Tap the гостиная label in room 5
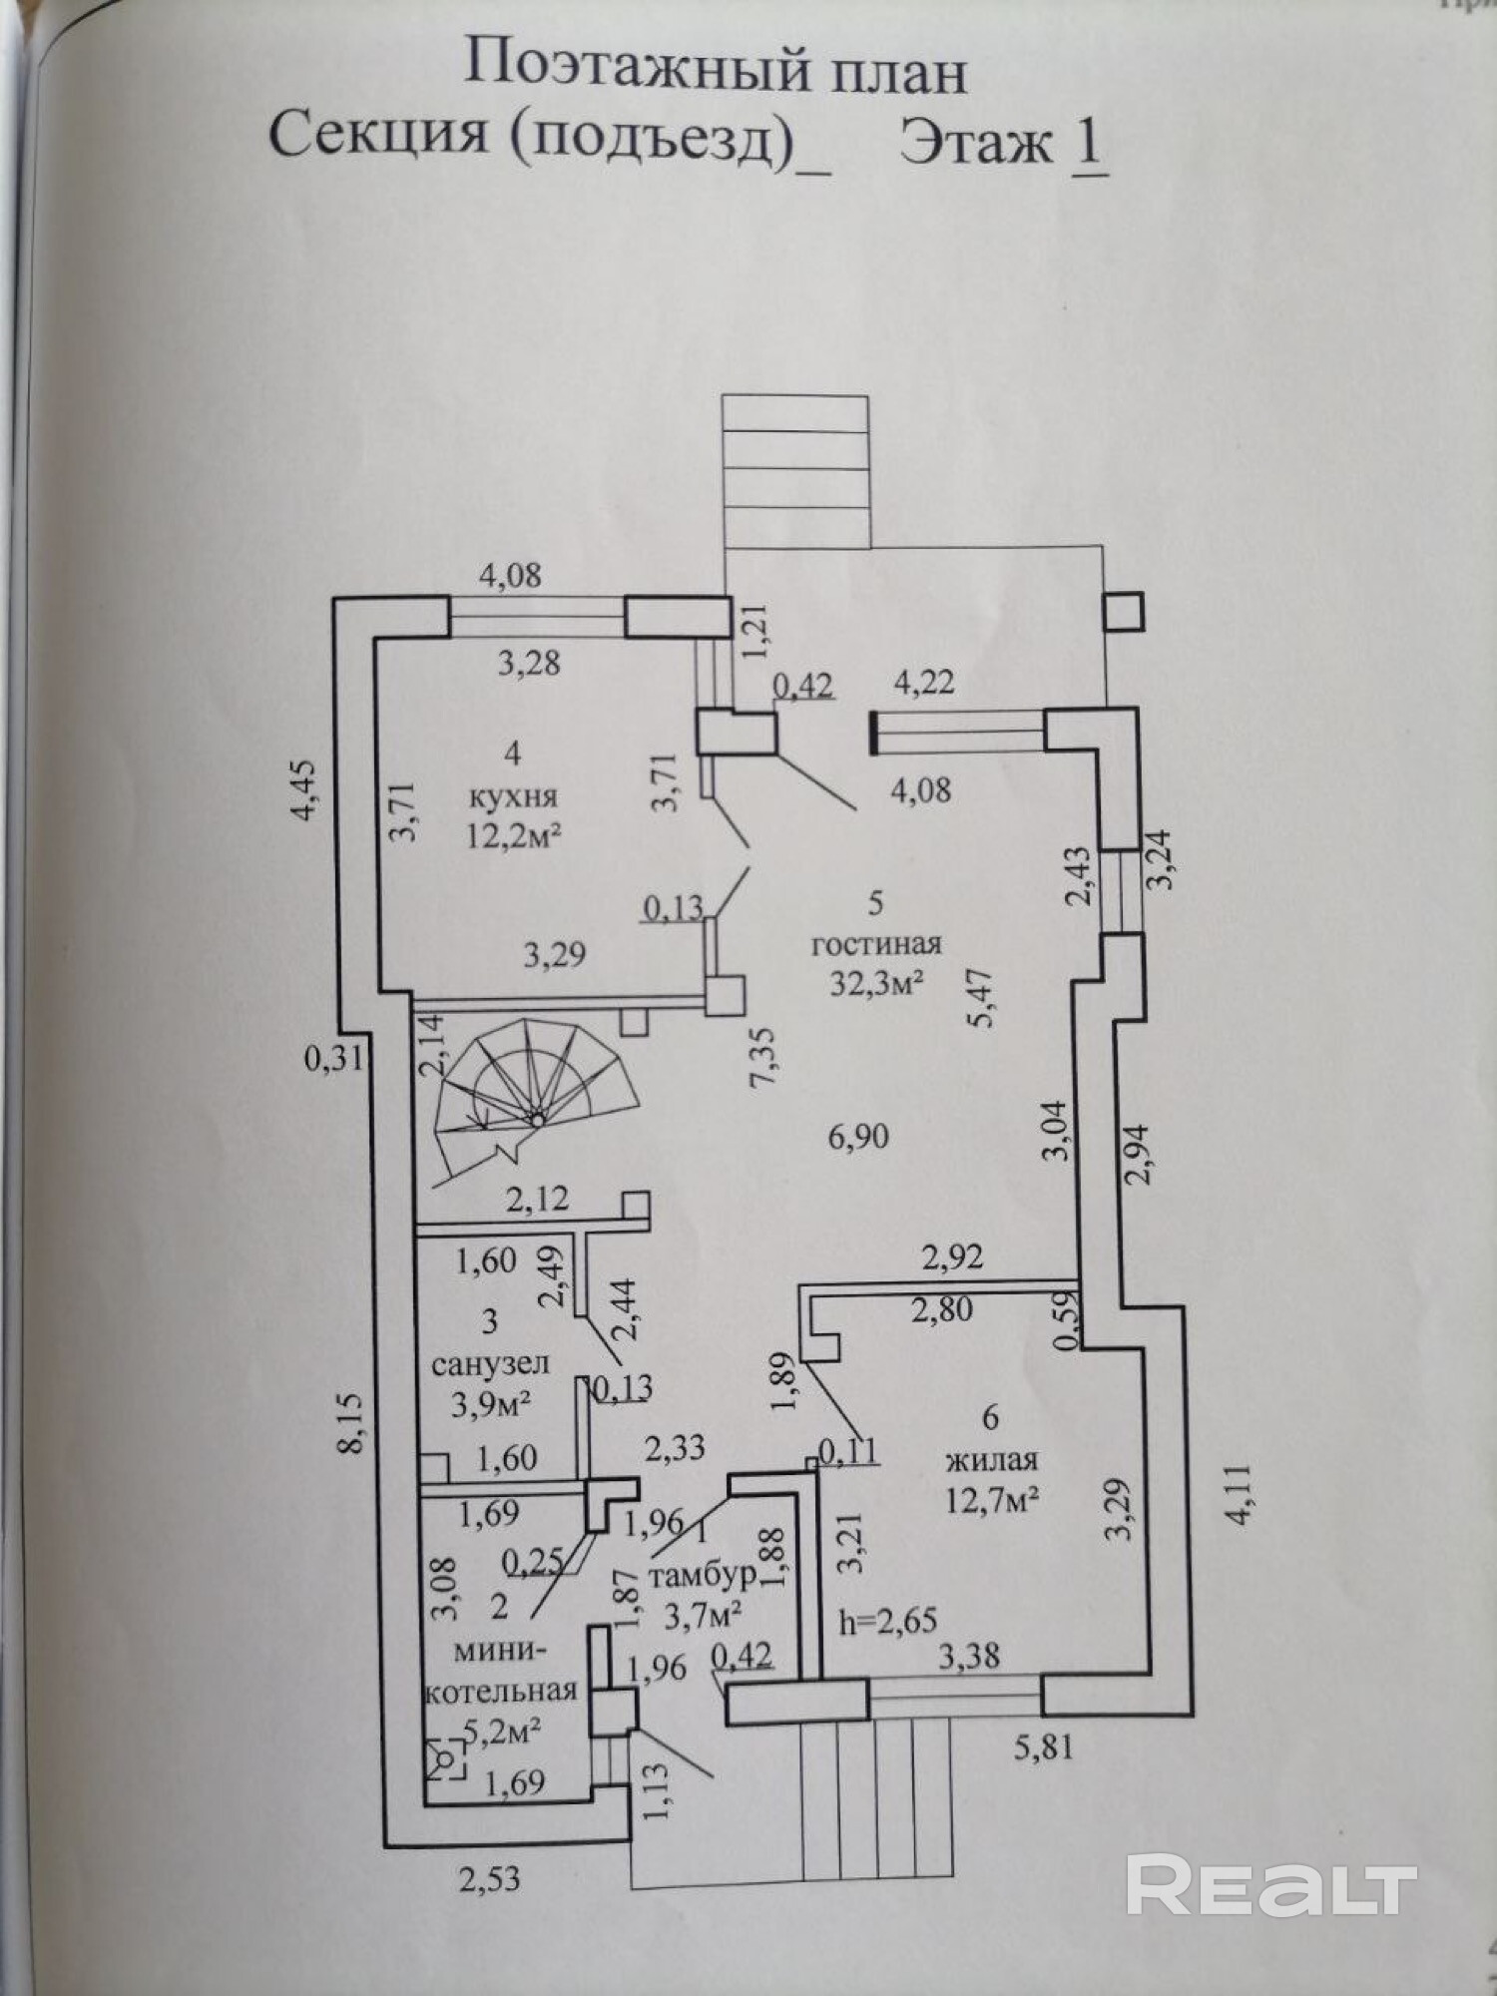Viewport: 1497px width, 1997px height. [876, 944]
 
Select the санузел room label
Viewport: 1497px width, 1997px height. [490, 1362]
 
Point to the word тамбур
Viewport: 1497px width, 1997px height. [702, 1575]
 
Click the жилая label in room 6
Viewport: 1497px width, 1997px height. [991, 1461]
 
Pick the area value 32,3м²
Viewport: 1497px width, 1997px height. [876, 983]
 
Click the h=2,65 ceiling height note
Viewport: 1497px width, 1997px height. [888, 1619]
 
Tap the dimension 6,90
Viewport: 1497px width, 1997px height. [857, 1135]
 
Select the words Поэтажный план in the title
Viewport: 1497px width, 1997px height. [717, 72]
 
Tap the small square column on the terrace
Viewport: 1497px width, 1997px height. [1124, 610]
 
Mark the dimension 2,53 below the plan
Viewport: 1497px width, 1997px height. [489, 1879]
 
